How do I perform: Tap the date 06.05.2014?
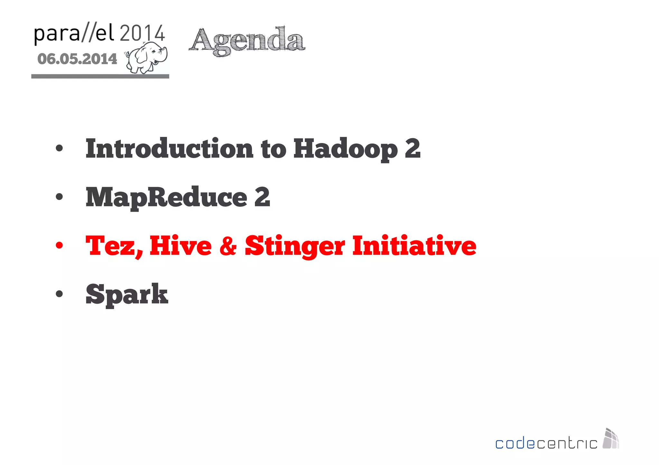[77, 59]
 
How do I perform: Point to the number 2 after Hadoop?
[413, 148]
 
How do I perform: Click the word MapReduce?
[166, 197]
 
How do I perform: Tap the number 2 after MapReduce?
[262, 197]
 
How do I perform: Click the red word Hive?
[181, 246]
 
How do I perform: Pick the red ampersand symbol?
[228, 246]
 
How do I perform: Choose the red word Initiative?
[414, 246]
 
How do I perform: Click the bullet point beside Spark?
[59, 294]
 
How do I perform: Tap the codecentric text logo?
[546, 443]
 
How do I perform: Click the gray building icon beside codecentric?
[611, 439]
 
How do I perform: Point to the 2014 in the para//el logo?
[142, 33]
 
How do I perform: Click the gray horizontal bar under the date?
[100, 76]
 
